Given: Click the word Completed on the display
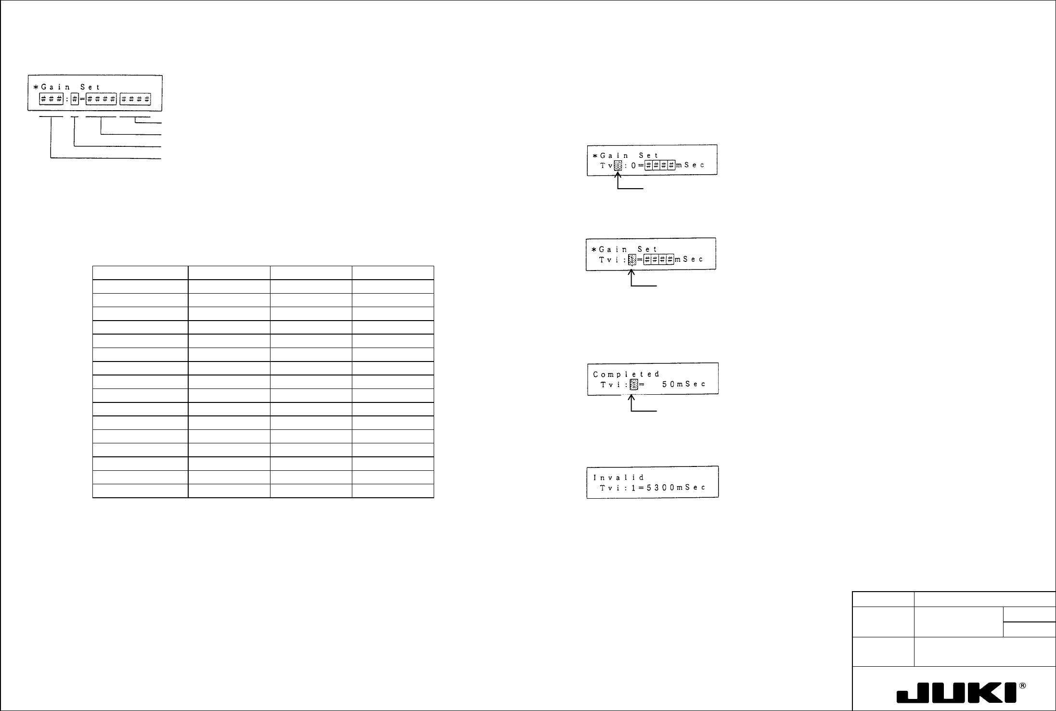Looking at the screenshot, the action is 626,374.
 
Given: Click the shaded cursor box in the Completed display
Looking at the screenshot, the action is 634,385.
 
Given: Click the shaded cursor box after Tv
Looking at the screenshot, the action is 618,165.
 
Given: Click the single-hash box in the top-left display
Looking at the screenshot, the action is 74,99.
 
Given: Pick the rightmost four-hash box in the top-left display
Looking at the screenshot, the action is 135,99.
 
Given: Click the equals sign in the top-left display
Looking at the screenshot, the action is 82,99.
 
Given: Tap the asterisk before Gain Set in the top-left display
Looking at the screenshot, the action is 35,87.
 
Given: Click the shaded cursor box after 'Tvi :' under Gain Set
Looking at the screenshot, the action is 633,259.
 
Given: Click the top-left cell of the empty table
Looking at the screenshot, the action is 140,272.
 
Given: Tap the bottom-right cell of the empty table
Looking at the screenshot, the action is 393,491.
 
